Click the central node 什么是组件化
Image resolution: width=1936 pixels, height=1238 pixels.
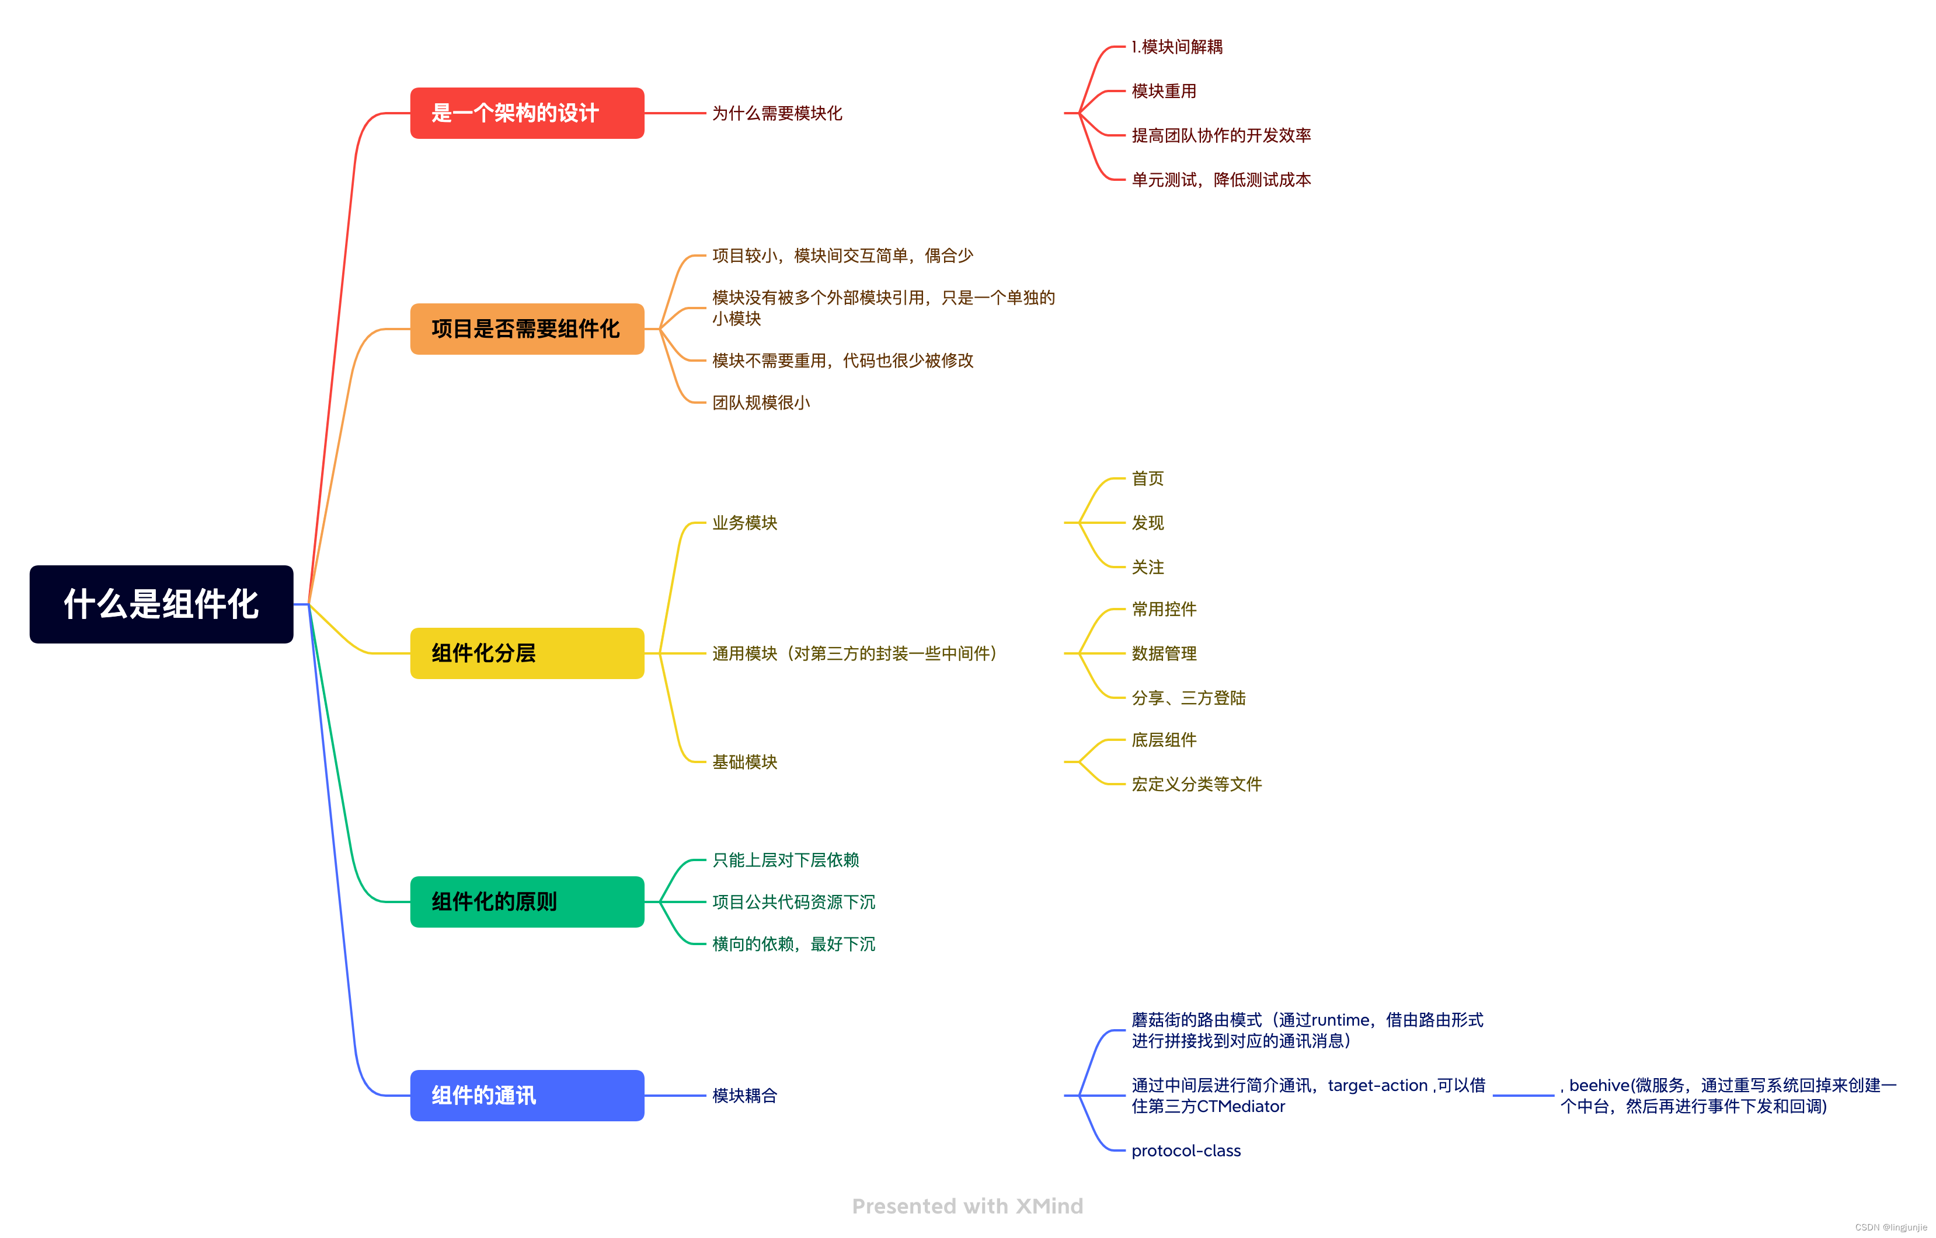161,604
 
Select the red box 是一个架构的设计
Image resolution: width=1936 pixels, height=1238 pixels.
527,113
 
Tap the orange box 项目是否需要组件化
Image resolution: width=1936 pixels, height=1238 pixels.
527,329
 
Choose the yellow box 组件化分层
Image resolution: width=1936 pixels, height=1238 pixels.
527,653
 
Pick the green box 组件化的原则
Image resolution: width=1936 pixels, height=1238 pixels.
527,901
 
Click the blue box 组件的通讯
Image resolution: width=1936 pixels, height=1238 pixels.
527,1095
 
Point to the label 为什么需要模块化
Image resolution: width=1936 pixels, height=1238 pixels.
777,113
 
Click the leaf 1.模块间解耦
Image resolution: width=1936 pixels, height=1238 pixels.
1176,47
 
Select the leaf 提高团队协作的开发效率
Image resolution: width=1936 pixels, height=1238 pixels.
1221,135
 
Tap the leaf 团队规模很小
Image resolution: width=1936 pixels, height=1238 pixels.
761,402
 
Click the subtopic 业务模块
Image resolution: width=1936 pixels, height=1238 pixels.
745,523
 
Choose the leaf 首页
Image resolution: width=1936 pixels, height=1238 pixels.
1148,478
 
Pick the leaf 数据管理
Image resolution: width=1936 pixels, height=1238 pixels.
1164,653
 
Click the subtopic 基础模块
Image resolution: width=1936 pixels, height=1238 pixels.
745,761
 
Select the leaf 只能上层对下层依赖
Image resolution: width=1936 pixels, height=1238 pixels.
786,859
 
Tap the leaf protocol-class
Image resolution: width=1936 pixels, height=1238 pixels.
1186,1150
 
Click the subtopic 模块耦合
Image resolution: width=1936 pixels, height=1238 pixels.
745,1095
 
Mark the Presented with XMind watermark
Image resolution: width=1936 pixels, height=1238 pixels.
967,1206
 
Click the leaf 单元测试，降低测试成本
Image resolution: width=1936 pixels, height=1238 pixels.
1221,179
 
